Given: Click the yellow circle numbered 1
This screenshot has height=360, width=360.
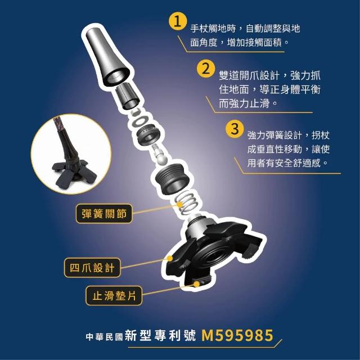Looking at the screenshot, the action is pyautogui.click(x=177, y=22).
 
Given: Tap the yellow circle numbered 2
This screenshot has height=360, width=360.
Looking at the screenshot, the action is pyautogui.click(x=206, y=69).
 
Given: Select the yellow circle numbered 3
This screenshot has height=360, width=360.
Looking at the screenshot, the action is pyautogui.click(x=234, y=129).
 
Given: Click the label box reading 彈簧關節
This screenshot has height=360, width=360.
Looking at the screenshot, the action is pyautogui.click(x=104, y=214).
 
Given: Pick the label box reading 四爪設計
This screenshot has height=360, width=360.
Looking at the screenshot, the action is pyautogui.click(x=92, y=268).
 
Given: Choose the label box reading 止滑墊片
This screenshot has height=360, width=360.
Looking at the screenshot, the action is pyautogui.click(x=114, y=296).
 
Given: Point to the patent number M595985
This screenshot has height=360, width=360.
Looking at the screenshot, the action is pyautogui.click(x=237, y=335).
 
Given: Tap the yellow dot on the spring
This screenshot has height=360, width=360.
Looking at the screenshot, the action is pyautogui.click(x=180, y=204).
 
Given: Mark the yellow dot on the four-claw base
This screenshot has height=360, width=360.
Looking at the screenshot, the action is pyautogui.click(x=170, y=258).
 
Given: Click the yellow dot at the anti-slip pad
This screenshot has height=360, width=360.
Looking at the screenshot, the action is pyautogui.click(x=196, y=285).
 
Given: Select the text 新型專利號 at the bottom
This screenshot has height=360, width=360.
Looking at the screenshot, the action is pyautogui.click(x=160, y=336).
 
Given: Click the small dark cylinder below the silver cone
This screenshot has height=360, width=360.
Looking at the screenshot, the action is pyautogui.click(x=127, y=96).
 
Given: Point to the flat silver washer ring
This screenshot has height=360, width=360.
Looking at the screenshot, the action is pyautogui.click(x=140, y=121).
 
